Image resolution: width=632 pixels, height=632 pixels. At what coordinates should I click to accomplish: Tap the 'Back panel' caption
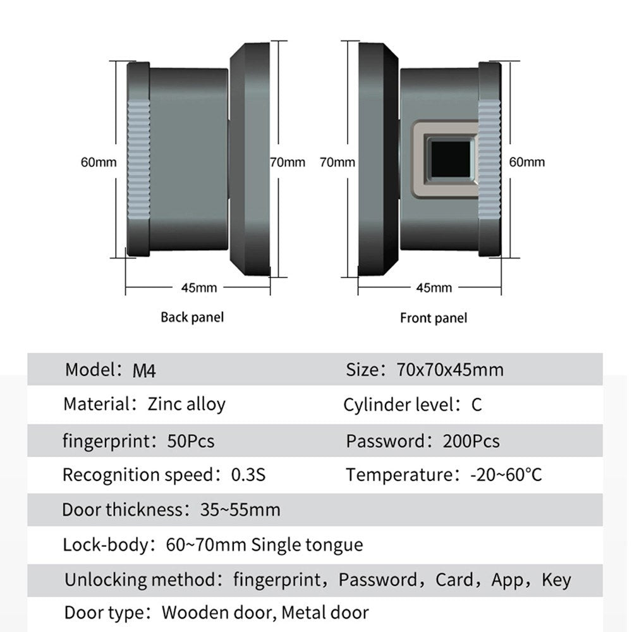192,317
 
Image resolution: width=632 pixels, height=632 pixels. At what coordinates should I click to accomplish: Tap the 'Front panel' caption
434,317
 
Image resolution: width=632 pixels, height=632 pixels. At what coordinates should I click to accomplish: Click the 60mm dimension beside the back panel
99,162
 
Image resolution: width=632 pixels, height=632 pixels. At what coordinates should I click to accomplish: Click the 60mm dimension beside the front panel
527,162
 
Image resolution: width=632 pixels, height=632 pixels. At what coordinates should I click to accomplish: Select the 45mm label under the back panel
199,288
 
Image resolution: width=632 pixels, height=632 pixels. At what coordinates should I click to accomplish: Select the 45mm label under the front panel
434,288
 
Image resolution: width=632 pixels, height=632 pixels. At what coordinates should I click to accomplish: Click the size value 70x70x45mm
451,369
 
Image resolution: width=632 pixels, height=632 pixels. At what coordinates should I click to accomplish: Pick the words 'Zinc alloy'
186,404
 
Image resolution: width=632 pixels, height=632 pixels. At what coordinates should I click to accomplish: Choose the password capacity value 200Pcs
471,441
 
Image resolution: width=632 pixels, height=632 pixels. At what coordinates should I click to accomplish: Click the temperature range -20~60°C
506,475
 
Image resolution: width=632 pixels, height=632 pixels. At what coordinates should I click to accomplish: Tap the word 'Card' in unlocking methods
454,580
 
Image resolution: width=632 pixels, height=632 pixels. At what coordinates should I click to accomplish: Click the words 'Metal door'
325,612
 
